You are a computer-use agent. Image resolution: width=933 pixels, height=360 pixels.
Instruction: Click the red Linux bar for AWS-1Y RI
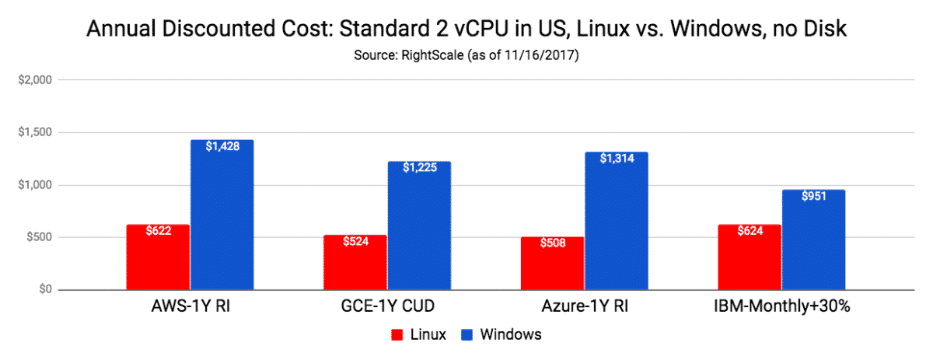(x=158, y=257)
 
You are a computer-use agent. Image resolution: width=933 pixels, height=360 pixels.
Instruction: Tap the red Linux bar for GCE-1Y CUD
(x=355, y=262)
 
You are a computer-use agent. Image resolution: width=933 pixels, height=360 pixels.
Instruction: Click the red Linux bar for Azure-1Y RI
(x=553, y=263)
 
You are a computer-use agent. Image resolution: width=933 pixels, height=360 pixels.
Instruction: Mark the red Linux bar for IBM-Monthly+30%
(x=750, y=257)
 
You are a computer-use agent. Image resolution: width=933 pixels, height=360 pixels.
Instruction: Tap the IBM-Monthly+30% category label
(x=781, y=306)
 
